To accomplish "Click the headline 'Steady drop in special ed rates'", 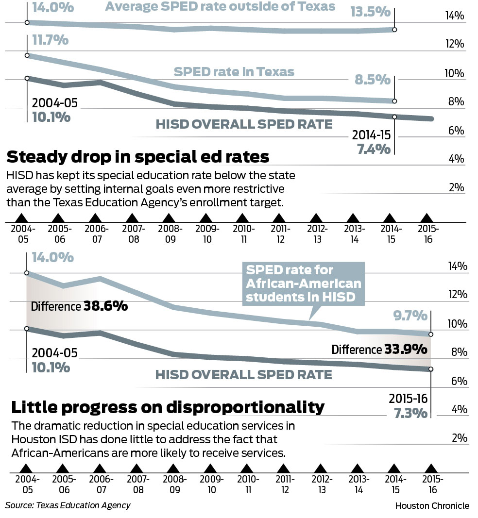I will (137, 157).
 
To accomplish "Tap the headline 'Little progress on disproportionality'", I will (168, 407).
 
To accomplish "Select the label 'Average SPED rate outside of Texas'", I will (220, 7).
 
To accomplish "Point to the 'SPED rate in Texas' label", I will (234, 72).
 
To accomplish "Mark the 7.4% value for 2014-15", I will (374, 149).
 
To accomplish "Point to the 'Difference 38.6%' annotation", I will (79, 306).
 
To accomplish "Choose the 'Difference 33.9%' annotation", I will (379, 350).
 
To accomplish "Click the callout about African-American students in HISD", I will (303, 284).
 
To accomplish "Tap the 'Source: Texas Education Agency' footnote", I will (68, 505).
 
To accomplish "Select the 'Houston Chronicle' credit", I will (432, 506).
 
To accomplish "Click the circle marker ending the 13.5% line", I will (394, 30).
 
